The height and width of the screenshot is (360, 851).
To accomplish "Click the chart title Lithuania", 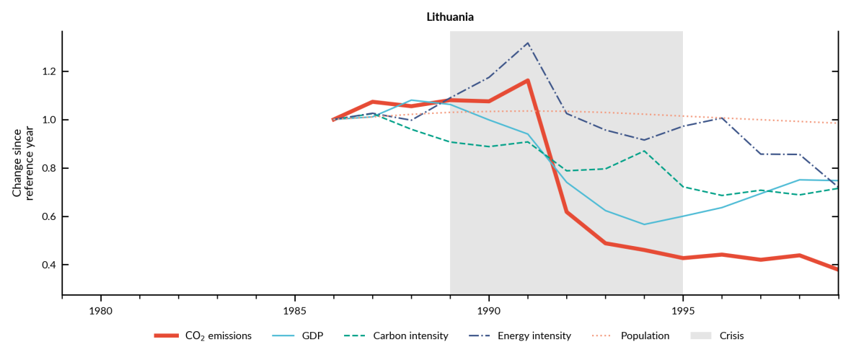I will point(449,17).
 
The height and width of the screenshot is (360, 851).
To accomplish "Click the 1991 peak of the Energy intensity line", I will point(528,43).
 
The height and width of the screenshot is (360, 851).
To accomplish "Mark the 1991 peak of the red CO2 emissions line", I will point(528,80).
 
